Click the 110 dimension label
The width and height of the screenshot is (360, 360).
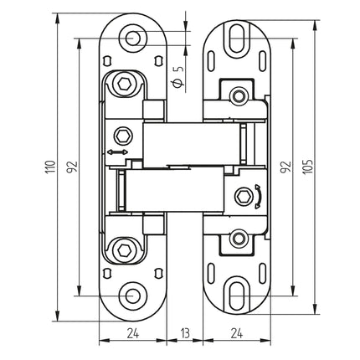[49, 167]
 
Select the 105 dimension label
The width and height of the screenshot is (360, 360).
[308, 167]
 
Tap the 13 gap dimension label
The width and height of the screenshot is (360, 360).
[185, 333]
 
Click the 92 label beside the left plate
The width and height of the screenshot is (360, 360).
[71, 167]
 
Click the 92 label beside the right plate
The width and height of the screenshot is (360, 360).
[286, 167]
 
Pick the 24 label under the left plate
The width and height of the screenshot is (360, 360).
[133, 333]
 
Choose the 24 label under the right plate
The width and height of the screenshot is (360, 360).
[237, 333]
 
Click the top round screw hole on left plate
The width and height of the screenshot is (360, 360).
[133, 38]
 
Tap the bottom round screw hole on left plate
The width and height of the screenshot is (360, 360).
[133, 296]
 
